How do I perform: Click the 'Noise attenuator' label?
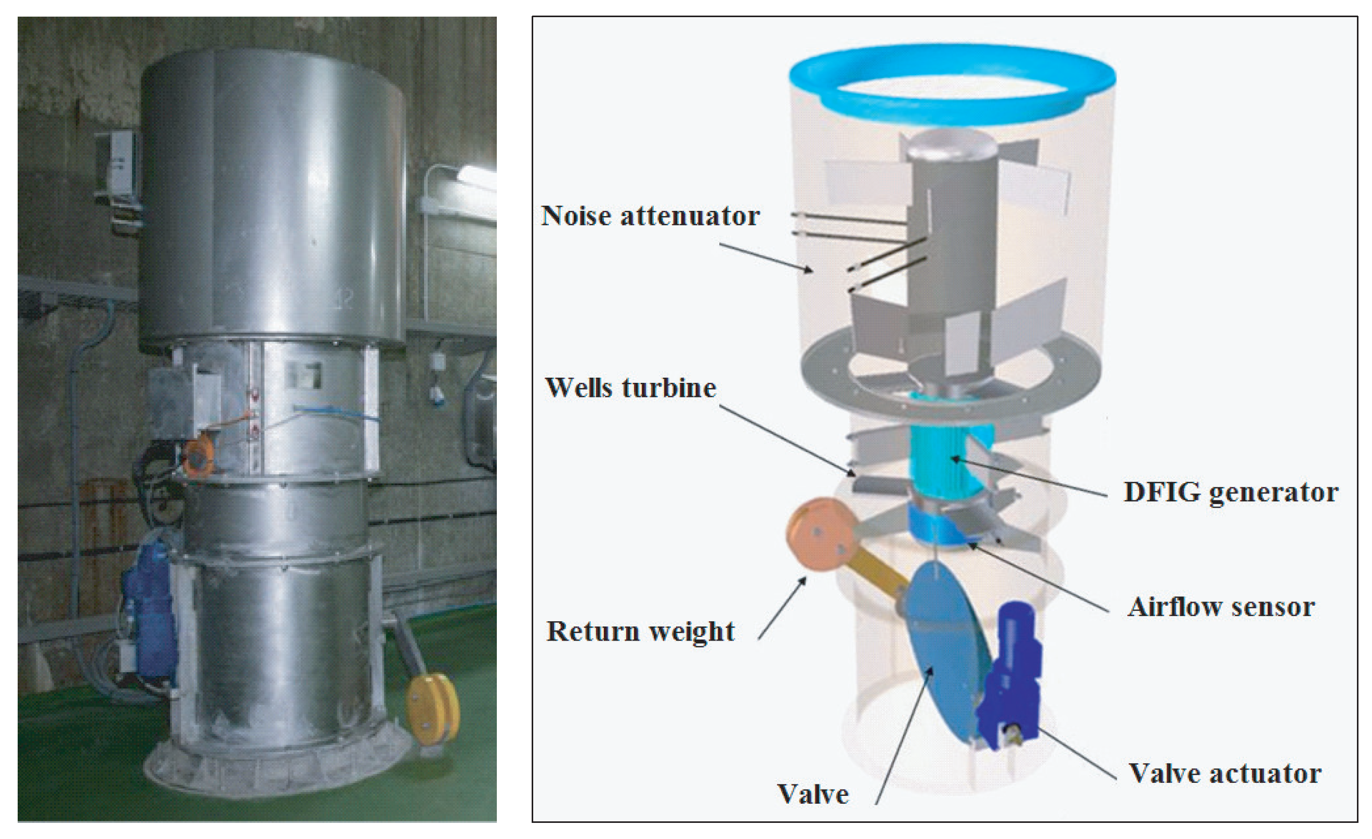650,216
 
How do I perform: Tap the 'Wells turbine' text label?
630,388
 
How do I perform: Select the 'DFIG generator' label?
1231,492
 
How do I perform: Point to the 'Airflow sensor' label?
1221,607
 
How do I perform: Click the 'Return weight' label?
640,632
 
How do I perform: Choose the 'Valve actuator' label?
1225,774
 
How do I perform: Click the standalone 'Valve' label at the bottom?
813,794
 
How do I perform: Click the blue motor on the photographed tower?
148,601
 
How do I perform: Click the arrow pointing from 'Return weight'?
782,608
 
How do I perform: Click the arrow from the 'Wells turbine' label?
788,440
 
